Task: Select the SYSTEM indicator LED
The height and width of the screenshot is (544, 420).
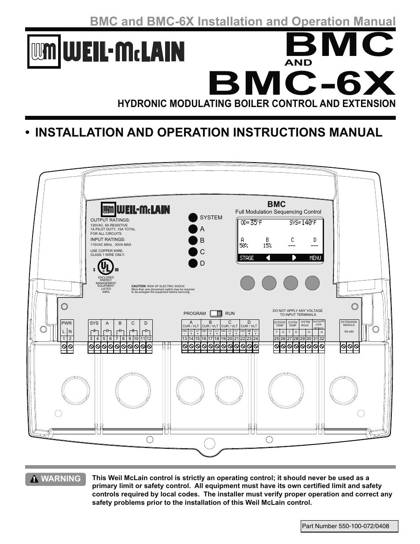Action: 193,218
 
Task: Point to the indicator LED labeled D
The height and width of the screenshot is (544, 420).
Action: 193,263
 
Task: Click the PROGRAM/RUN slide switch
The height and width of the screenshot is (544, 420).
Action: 216,314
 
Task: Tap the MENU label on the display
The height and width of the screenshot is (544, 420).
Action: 315,258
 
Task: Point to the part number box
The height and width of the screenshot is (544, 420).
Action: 349,526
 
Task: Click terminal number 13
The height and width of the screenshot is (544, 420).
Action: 184,338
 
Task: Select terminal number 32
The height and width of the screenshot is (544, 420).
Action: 322,338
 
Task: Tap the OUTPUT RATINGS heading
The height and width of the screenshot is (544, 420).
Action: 110,220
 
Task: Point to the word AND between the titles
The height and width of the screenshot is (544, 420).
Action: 298,63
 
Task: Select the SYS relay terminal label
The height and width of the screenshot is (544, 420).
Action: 94,323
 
